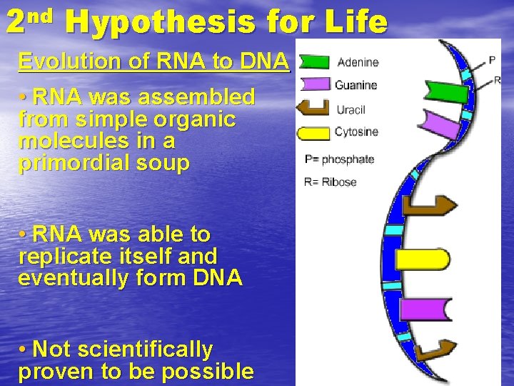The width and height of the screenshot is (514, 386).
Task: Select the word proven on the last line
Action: pyautogui.click(x=54, y=372)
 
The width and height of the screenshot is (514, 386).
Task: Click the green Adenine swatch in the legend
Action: pyautogui.click(x=315, y=62)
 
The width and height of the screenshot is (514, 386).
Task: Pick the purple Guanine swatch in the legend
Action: pyautogui.click(x=315, y=84)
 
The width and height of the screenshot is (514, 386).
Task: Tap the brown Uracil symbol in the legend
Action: pyautogui.click(x=313, y=109)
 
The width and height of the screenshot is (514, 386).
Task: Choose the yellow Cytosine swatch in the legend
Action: pyautogui.click(x=315, y=132)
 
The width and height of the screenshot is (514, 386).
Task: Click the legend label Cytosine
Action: pyautogui.click(x=356, y=132)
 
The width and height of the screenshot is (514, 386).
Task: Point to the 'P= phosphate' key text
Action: pyautogui.click(x=339, y=159)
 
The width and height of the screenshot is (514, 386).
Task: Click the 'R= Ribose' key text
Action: pyautogui.click(x=330, y=182)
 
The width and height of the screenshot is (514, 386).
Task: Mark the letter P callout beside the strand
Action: pyautogui.click(x=491, y=59)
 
